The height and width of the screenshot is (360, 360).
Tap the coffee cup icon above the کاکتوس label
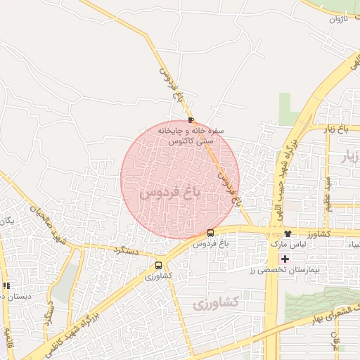click(192, 120)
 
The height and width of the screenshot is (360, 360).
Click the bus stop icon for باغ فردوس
click(210, 233)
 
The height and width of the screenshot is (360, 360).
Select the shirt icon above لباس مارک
click(288, 233)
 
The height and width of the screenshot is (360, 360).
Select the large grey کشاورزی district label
click(216, 303)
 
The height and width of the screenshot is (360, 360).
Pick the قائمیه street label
click(8, 335)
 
